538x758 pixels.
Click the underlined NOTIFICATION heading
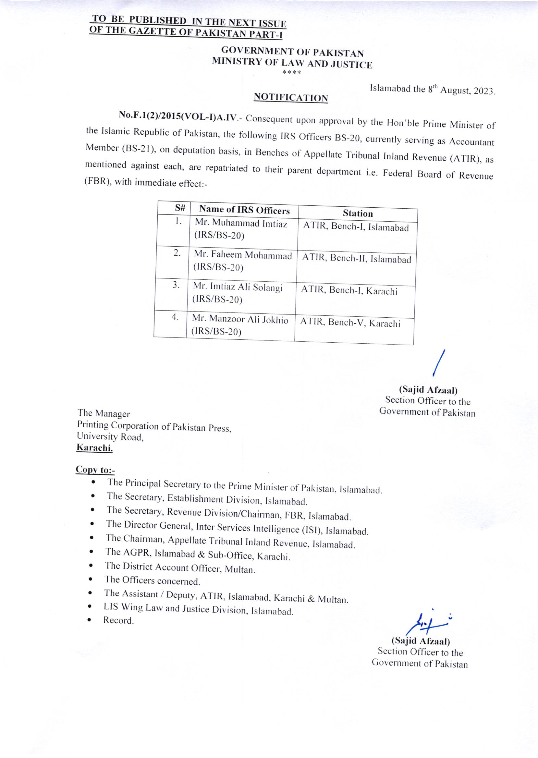290,98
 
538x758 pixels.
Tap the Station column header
358,214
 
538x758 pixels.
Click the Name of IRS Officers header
244,210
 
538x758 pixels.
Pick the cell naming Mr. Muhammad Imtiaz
241,224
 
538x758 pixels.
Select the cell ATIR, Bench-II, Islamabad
357,259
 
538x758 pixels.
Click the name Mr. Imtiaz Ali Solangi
238,287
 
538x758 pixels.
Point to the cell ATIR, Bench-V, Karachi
350,323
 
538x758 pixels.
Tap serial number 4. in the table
175,317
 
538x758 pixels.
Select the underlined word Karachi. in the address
95,448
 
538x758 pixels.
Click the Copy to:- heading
95,470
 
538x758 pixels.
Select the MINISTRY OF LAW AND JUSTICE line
292,63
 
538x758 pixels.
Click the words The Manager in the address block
104,413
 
